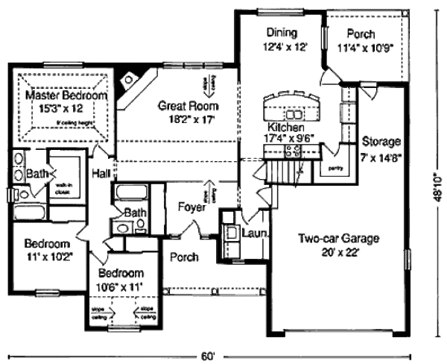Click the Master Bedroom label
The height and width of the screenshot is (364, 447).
(x=66, y=96)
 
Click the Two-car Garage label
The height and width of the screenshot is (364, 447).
(x=340, y=239)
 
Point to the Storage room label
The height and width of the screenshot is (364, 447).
(x=381, y=141)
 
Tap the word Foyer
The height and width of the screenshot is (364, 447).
(x=191, y=207)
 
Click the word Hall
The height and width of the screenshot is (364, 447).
(x=101, y=173)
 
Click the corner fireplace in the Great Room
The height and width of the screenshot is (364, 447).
(x=131, y=76)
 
